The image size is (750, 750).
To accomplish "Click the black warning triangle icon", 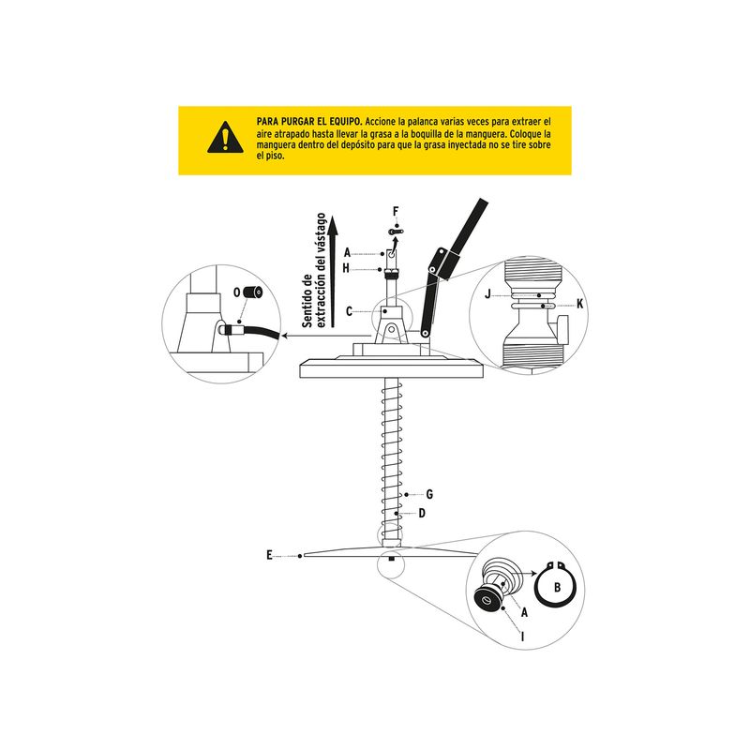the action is click(225, 138).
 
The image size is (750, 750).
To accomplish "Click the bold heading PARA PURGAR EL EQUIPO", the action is click(309, 122).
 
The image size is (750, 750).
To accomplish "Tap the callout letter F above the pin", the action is click(396, 212).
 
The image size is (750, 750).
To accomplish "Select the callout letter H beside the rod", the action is click(346, 268).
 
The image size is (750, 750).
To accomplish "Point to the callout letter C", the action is click(349, 312).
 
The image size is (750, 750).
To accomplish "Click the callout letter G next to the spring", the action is click(429, 495).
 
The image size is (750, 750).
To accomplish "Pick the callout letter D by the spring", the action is click(422, 513).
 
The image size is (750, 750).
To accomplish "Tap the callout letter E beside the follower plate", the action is click(269, 555).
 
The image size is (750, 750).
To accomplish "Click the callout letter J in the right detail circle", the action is click(487, 294).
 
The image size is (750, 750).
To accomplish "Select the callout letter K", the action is click(580, 304).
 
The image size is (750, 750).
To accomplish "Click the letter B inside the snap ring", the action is click(557, 587).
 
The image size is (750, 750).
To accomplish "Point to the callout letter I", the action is click(523, 637).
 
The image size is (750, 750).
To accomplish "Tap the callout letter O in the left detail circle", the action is click(237, 292).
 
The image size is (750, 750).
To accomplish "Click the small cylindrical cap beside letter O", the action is click(253, 292).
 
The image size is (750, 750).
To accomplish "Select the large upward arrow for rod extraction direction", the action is click(334, 271).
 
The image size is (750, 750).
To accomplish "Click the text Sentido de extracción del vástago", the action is click(314, 271).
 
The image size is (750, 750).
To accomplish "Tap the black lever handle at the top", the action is click(466, 232).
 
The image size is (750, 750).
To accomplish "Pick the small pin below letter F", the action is click(396, 232).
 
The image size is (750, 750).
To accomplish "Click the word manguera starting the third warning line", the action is click(276, 145).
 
